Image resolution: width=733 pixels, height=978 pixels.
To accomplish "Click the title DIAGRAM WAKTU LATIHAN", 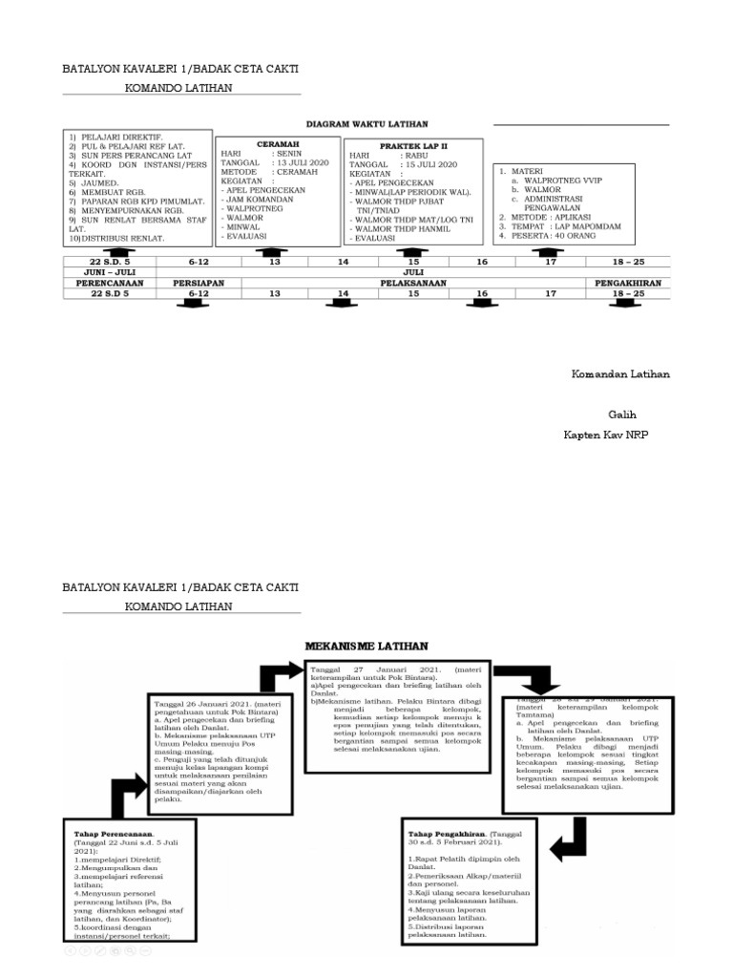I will pos(366,124).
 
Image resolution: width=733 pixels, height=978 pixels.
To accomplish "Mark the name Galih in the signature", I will pos(622,415).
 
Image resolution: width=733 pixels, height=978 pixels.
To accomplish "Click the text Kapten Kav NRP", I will pos(606,435).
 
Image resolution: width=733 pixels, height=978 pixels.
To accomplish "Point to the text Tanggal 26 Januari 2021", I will pos(199,705).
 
